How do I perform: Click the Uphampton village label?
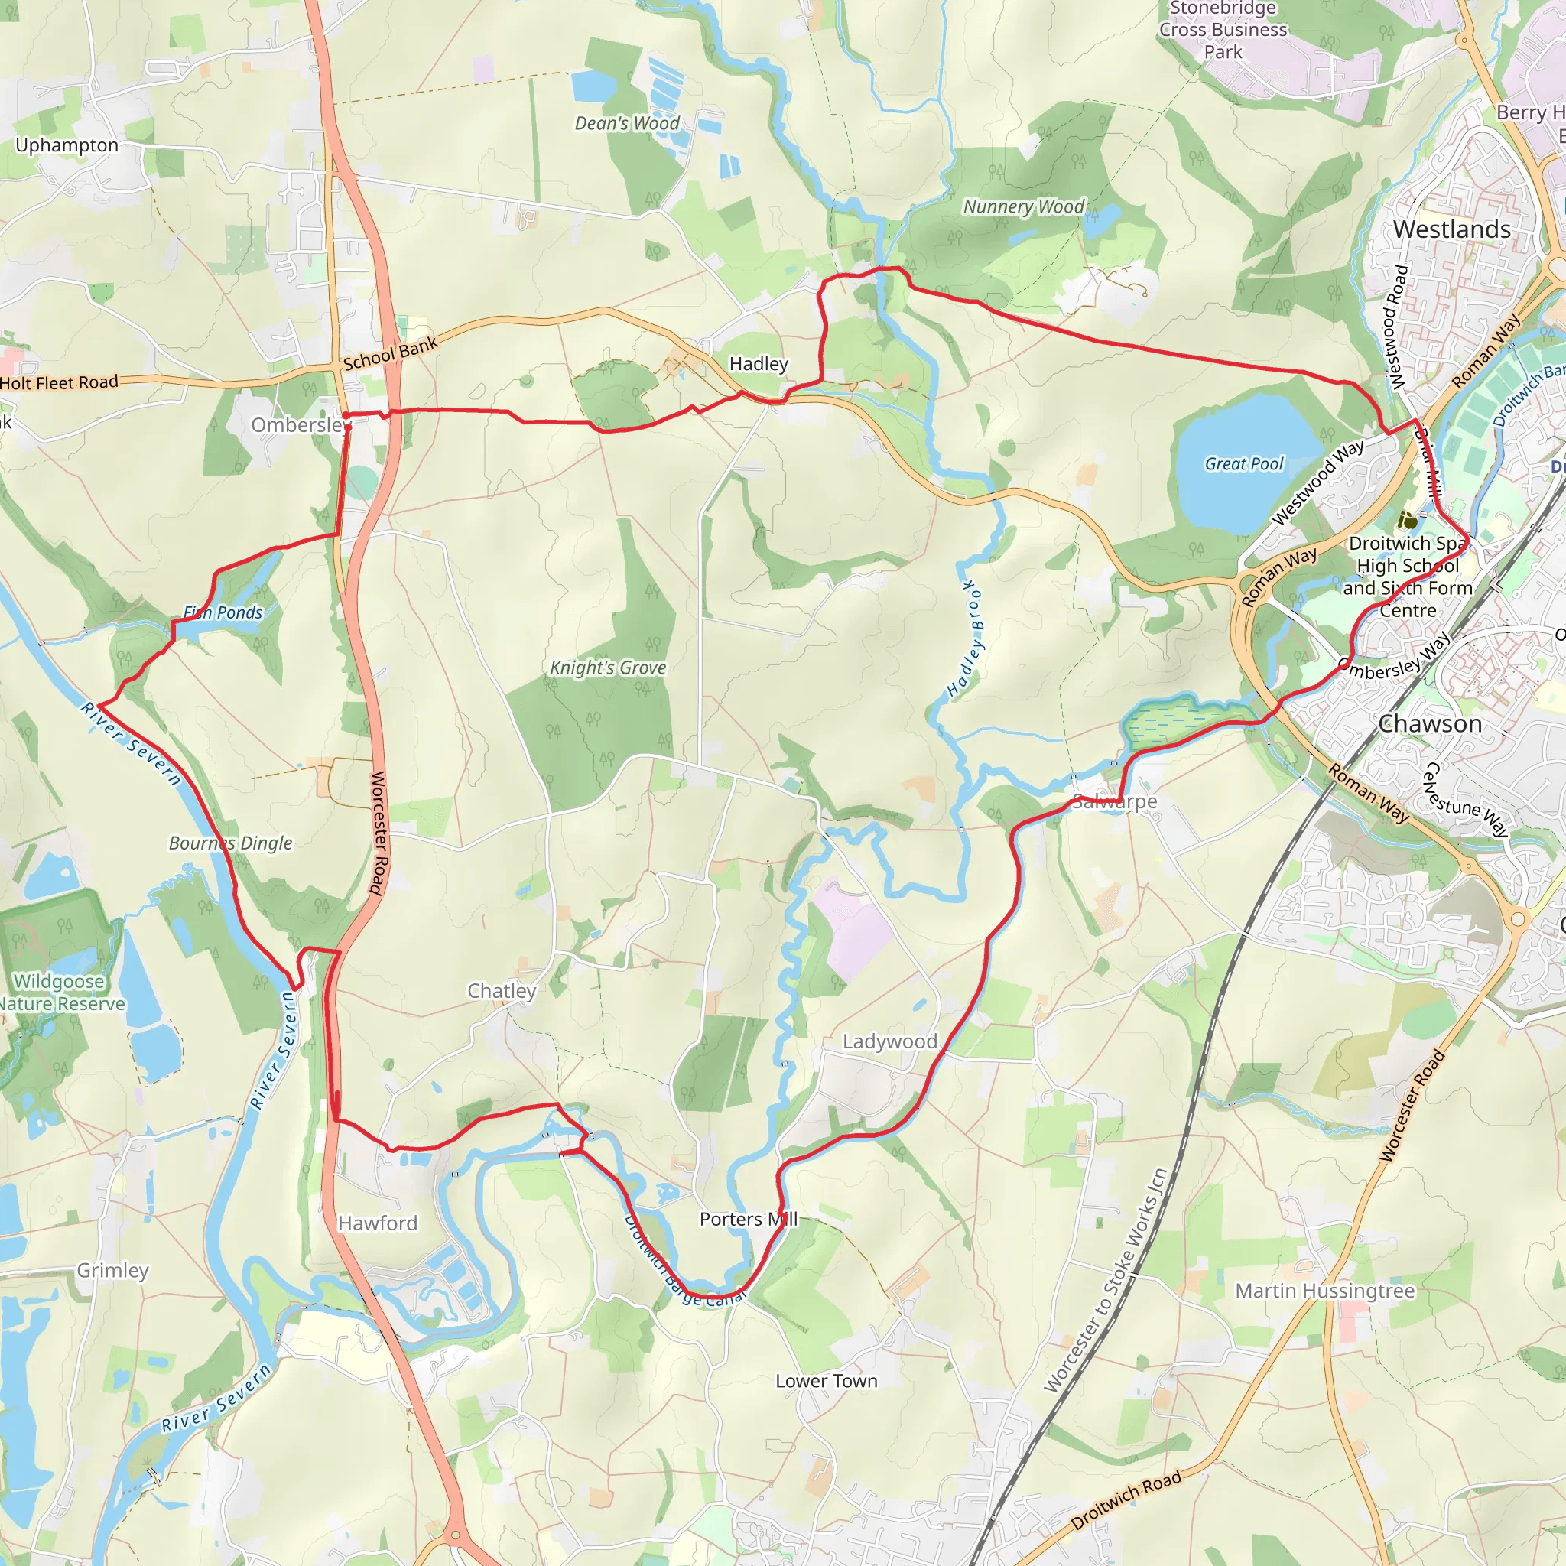click(67, 145)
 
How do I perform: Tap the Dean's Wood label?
click(626, 123)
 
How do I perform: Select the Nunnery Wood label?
click(1023, 206)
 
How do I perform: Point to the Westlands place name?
click(1452, 229)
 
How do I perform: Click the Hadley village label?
click(758, 364)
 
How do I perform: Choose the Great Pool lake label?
click(1243, 463)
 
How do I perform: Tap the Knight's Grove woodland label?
click(608, 668)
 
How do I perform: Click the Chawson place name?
click(1430, 724)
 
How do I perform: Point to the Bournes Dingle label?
click(230, 843)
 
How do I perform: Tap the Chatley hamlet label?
click(502, 990)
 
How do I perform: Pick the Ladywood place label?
click(889, 1041)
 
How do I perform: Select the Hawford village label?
click(378, 1223)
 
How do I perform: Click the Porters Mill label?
click(748, 1219)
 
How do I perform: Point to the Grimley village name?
click(112, 1270)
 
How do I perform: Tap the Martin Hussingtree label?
click(1324, 1291)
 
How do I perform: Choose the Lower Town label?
click(826, 1380)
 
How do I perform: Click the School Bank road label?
click(391, 354)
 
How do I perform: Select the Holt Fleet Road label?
click(59, 382)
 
